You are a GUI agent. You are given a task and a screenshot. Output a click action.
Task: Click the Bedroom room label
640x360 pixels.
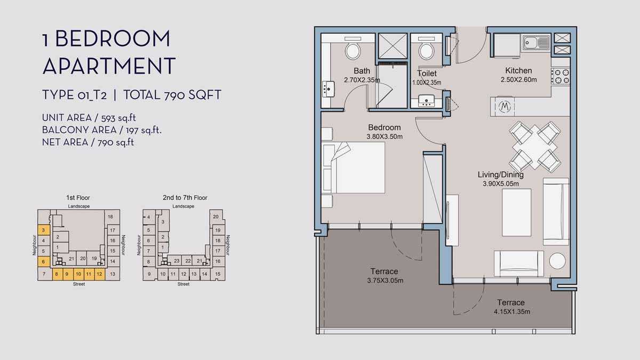point(385,127)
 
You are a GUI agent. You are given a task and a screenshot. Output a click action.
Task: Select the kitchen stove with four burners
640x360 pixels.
point(561,76)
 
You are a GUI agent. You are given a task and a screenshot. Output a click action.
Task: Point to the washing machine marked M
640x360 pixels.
point(505,107)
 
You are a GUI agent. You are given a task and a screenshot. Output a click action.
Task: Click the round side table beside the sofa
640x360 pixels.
point(557,261)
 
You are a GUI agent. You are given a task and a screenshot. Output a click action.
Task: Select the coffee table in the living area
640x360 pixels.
point(516,212)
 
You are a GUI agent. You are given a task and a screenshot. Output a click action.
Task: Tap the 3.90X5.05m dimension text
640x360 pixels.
point(501,183)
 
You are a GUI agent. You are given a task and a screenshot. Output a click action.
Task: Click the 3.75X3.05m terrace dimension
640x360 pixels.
point(385,281)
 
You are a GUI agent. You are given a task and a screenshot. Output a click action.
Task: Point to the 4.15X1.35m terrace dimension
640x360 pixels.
point(511,311)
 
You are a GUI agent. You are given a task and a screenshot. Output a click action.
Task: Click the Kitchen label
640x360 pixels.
point(518,70)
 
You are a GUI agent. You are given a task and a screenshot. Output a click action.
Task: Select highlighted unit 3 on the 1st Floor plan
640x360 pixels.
point(44,230)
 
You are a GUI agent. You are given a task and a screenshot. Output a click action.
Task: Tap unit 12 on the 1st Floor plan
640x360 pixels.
point(99,274)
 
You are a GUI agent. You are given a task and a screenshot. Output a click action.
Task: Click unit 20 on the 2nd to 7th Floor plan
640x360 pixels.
point(215,217)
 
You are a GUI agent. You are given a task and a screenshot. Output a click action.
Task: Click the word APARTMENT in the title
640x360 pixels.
point(109,66)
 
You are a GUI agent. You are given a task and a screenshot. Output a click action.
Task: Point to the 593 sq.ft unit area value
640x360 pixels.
point(118,118)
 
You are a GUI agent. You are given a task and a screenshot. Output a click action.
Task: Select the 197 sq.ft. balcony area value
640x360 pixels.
point(143,130)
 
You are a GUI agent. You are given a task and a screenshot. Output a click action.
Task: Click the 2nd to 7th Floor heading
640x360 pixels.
point(185,198)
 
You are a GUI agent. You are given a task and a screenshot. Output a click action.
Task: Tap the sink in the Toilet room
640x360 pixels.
point(426,101)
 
